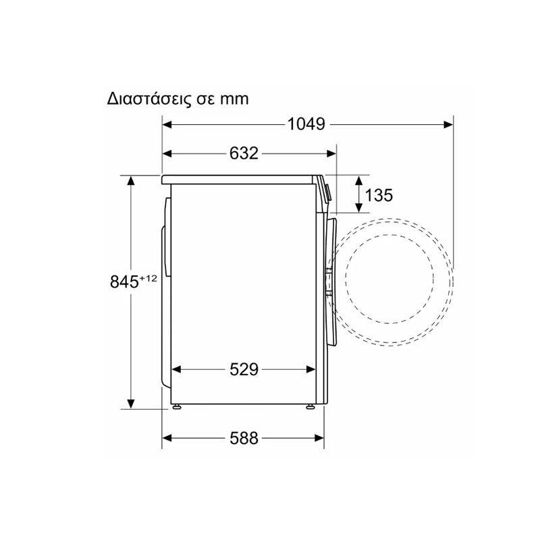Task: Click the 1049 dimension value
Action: coord(306,124)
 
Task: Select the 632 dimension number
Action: coord(244,154)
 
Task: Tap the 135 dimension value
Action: coord(379,195)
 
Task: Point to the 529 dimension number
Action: coord(244,369)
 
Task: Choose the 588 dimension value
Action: coord(244,438)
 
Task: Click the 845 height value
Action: coord(124,281)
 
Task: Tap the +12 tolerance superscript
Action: coord(148,278)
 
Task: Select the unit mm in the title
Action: coord(234,99)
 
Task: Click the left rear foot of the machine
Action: coord(177,407)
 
